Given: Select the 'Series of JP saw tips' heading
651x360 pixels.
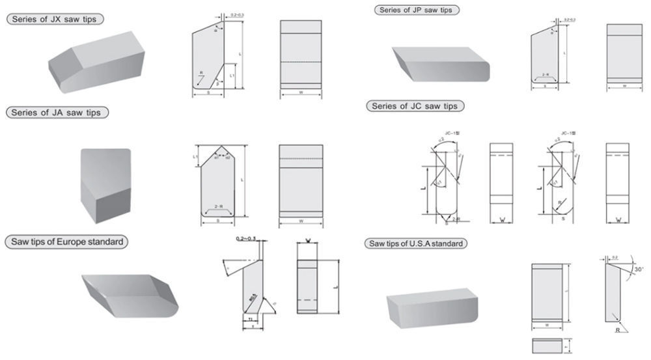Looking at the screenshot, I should pos(417,10).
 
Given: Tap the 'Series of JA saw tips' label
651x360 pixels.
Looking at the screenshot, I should pos(57,113).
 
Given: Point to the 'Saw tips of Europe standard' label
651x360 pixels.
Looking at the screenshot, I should pos(67,242).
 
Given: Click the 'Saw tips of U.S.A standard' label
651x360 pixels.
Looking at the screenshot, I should pos(417,243).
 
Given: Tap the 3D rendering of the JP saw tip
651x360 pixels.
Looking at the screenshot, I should pos(439,64).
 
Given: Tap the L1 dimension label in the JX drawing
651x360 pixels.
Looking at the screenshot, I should pos(232,76).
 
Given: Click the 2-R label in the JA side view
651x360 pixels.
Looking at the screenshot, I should pos(221,208).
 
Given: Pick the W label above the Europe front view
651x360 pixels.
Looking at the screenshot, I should pos(310,240).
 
